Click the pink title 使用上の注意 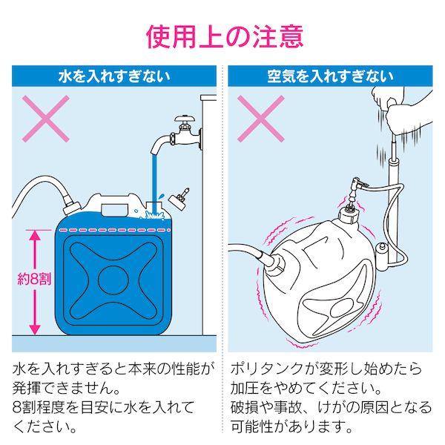pos(225,36)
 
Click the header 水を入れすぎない pos(114,76)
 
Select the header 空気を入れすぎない pos(330,76)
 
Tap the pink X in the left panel pos(46,119)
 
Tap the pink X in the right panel pos(261,119)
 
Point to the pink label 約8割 pos(34,280)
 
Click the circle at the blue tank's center pos(113,280)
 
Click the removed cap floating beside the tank pos(179,200)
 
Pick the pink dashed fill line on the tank pos(113,229)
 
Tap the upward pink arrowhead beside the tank pos(35,235)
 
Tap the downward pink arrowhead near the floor pos(35,329)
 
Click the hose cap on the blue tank pos(70,205)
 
